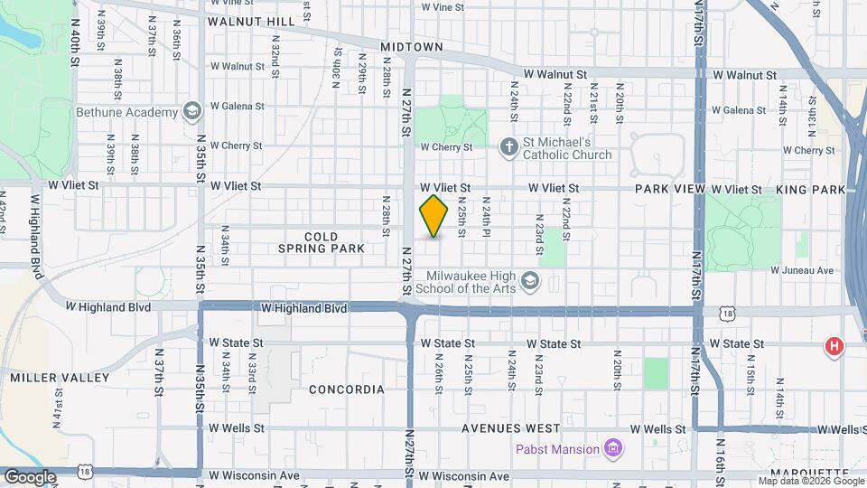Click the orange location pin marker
(x=434, y=216)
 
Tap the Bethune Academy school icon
(x=191, y=112)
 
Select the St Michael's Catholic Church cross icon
(x=509, y=145)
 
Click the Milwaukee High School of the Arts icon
(x=530, y=282)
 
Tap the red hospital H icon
(x=834, y=345)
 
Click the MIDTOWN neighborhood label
(x=411, y=46)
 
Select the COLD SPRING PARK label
(x=321, y=242)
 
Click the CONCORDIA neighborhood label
(x=347, y=389)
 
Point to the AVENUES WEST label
(x=511, y=428)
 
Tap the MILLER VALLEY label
(x=60, y=378)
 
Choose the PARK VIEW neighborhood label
(x=669, y=189)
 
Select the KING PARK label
(x=810, y=189)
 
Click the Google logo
(x=30, y=476)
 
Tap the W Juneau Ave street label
(x=803, y=270)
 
